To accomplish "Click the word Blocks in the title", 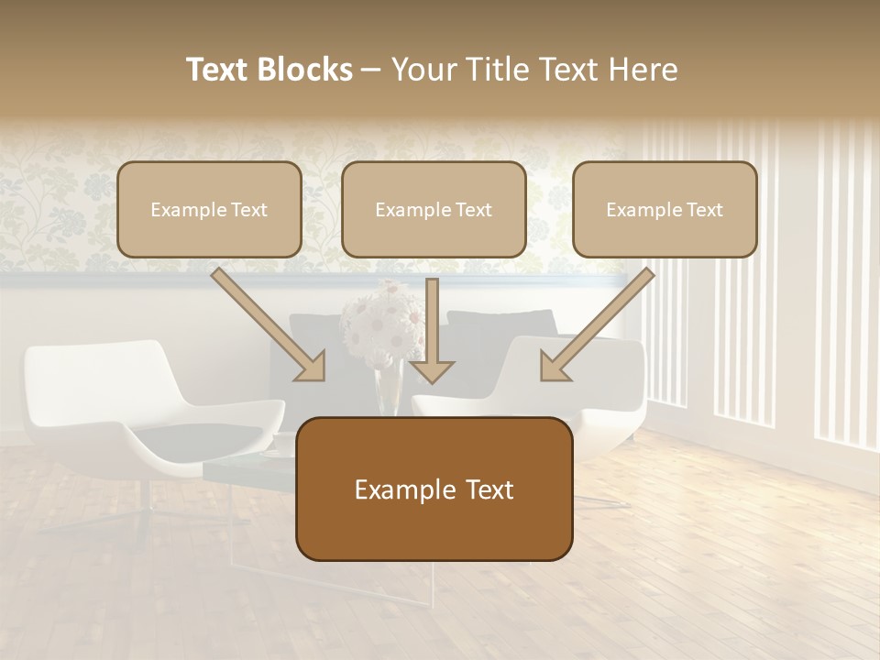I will point(306,70).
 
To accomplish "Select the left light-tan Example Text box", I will point(209,209).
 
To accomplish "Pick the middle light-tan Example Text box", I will point(434,209).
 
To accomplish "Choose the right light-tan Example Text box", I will point(665,209).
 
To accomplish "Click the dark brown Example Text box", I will point(434,489).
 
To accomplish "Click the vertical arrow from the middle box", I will point(432,330).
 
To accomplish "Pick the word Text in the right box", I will point(704,210).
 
